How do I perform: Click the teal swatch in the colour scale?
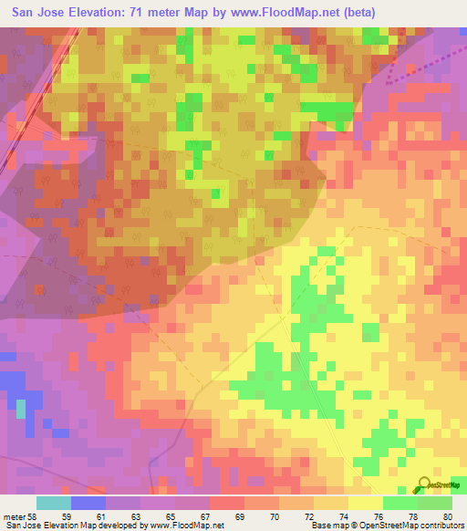(54, 503)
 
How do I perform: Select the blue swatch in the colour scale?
(88, 503)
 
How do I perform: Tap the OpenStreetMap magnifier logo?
(424, 484)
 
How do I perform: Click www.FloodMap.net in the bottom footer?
(189, 526)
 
